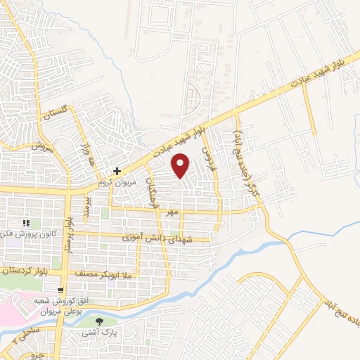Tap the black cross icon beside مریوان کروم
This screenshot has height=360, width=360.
(117, 171)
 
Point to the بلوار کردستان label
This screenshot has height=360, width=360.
(25, 269)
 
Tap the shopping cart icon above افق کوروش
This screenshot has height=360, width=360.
(62, 290)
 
